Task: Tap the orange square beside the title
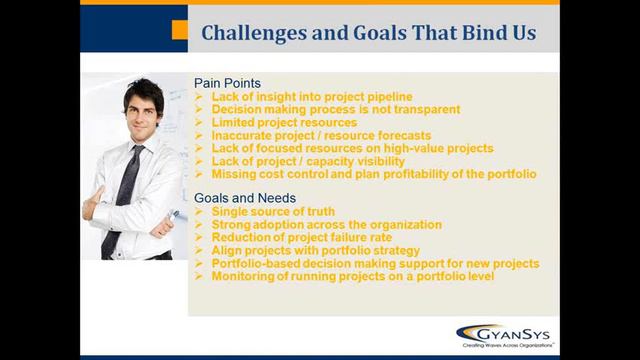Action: coord(179,31)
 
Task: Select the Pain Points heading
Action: coord(227,83)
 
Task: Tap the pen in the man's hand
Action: coord(173,214)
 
